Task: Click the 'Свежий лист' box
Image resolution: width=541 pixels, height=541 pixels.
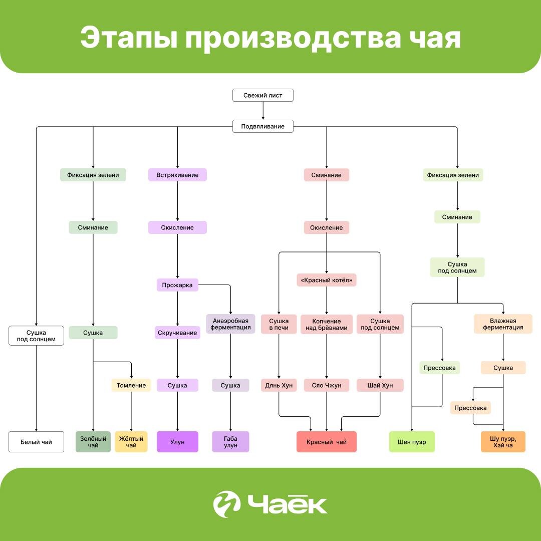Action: pyautogui.click(x=262, y=95)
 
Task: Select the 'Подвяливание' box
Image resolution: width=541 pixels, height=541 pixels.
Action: pyautogui.click(x=262, y=126)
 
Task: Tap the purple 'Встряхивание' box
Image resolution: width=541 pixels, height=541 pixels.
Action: pyautogui.click(x=177, y=175)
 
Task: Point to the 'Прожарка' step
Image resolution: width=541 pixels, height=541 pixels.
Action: pyautogui.click(x=177, y=286)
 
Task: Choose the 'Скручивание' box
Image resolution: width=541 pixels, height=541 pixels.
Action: pyautogui.click(x=177, y=333)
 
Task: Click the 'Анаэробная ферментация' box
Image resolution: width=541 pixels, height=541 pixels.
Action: pyautogui.click(x=230, y=324)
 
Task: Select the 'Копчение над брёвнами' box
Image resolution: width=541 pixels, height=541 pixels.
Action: pyautogui.click(x=327, y=325)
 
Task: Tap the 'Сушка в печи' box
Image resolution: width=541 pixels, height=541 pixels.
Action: pyautogui.click(x=279, y=324)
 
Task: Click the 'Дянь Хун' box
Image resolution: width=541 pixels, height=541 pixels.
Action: pyautogui.click(x=279, y=385)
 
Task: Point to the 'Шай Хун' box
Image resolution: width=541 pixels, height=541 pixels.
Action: pyautogui.click(x=380, y=385)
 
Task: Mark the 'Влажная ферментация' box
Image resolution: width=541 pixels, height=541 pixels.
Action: pyautogui.click(x=503, y=324)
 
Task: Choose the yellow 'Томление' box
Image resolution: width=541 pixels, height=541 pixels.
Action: pyautogui.click(x=131, y=385)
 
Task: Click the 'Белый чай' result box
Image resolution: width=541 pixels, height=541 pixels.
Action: pyautogui.click(x=36, y=442)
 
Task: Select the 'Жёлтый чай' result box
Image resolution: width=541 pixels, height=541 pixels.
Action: pyautogui.click(x=131, y=442)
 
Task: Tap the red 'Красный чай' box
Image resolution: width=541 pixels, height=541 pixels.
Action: pyautogui.click(x=327, y=442)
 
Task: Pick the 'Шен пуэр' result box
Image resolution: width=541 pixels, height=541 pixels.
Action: pyautogui.click(x=412, y=442)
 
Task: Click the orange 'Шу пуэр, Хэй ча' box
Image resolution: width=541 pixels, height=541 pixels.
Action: pyautogui.click(x=503, y=442)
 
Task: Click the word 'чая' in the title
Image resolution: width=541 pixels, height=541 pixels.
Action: pyautogui.click(x=431, y=39)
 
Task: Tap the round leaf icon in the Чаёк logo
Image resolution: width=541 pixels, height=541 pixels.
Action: pyautogui.click(x=226, y=504)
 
